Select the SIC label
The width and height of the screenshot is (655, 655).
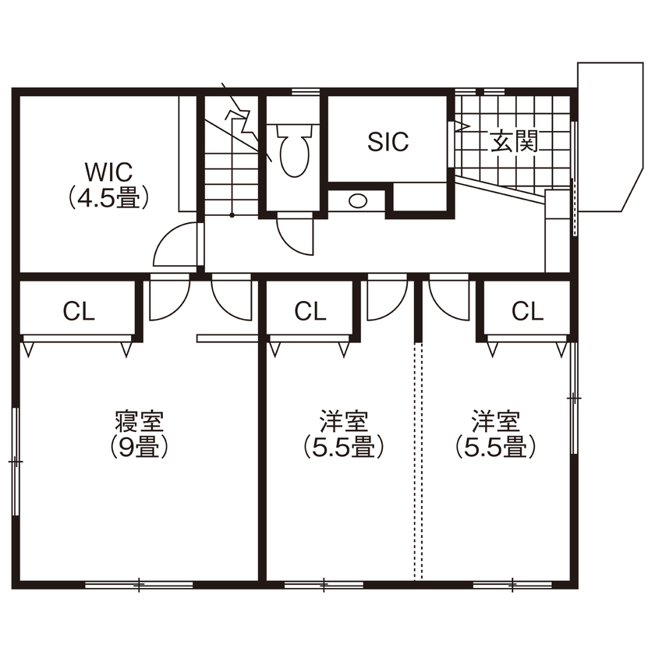[x=388, y=142]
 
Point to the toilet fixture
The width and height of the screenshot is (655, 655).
[x=292, y=152]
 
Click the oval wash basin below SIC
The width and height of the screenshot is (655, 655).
[x=357, y=200]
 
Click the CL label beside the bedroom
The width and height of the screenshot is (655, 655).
[x=79, y=312]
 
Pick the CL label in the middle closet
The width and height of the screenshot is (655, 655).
[x=310, y=312]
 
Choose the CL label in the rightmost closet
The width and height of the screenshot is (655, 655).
[x=527, y=312]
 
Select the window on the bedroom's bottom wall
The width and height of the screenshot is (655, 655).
[x=139, y=583]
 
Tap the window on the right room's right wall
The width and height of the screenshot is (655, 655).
[x=575, y=398]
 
